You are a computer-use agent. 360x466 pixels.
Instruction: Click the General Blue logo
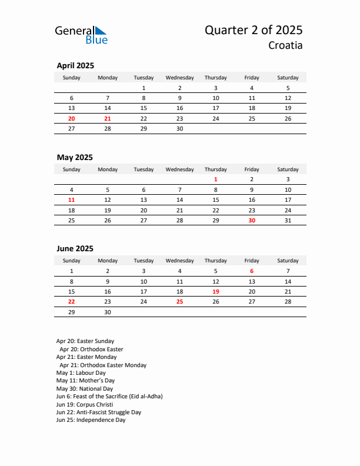tap(81, 35)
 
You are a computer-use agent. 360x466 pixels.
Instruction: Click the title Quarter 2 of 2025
tap(254, 30)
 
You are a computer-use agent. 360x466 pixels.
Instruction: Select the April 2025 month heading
tap(75, 66)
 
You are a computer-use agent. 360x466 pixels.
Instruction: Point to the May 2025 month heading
tap(75, 157)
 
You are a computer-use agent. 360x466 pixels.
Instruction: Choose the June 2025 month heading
tap(75, 249)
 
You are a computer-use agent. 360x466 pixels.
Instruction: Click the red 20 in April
tap(72, 118)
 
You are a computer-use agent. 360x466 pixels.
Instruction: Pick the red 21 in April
tap(108, 118)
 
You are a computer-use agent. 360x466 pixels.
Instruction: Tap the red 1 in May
tap(216, 179)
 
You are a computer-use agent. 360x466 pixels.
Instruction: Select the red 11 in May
tap(72, 200)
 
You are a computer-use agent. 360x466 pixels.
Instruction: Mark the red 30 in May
tap(252, 221)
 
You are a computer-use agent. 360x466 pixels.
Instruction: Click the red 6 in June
tap(252, 271)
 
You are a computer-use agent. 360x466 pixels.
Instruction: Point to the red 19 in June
tap(216, 292)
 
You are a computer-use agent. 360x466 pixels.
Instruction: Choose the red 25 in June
tap(180, 302)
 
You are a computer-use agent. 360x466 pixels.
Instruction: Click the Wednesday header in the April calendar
tap(180, 78)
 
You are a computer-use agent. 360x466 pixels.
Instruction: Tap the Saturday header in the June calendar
tap(288, 261)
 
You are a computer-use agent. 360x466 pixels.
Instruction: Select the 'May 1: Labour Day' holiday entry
tap(81, 373)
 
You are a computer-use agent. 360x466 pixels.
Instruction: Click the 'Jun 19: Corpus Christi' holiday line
tap(85, 405)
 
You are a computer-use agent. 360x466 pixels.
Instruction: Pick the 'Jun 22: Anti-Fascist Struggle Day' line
tap(99, 412)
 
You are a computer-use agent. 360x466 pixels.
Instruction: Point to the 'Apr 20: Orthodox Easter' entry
tap(91, 349)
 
